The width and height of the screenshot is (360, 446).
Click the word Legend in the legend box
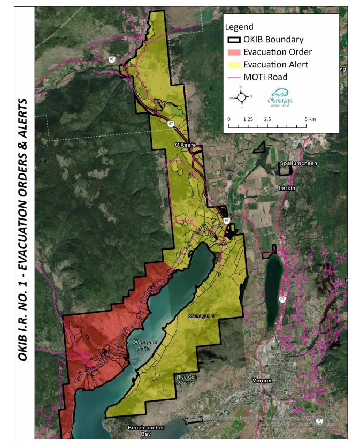239,27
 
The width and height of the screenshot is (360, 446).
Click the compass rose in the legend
241,97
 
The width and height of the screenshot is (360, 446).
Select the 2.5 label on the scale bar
267,119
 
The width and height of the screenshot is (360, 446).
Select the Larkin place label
286,188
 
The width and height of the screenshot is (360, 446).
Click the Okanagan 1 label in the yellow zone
201,316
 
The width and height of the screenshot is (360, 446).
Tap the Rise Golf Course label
187,380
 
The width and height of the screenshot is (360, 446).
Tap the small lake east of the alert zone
274,273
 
